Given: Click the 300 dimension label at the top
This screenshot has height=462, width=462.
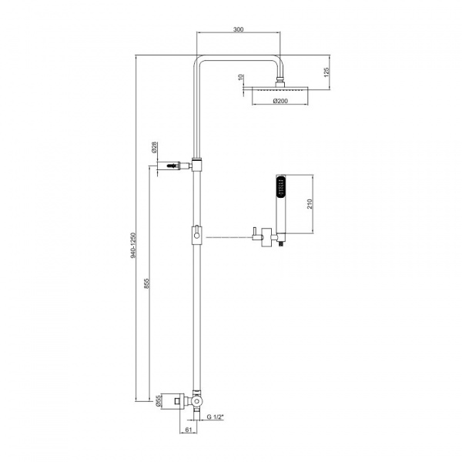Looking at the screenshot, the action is point(239,29).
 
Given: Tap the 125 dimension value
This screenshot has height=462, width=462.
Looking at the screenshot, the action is point(326,72).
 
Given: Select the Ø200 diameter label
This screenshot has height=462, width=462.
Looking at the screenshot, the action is point(280,101).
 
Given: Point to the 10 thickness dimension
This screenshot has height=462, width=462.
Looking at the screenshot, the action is point(241,77).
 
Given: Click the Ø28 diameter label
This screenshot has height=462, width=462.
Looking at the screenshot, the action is point(155,148).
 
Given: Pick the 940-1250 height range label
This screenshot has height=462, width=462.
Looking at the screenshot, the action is point(133,246).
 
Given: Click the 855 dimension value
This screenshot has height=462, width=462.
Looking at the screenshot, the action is point(147,283).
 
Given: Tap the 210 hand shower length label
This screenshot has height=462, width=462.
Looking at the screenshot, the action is point(310,204).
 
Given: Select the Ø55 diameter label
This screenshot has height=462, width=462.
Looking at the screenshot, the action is point(158,402).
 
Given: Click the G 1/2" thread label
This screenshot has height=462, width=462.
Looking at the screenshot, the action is point(216,417).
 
